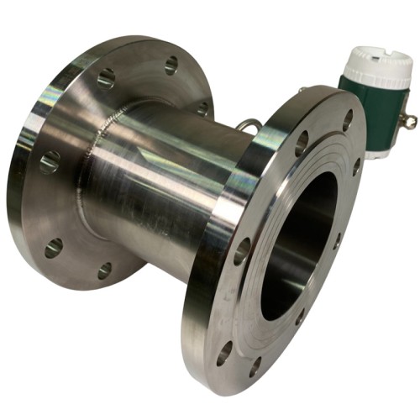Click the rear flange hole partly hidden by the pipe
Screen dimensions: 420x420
tap(202, 108)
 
